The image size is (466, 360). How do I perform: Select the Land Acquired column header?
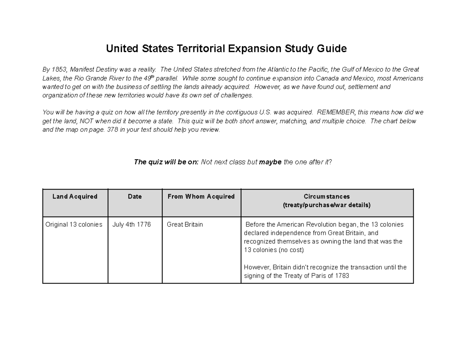click(x=75, y=197)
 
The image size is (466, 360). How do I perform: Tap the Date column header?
click(x=135, y=197)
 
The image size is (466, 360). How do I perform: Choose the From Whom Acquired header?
click(x=201, y=197)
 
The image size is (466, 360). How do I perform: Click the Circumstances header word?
click(x=327, y=197)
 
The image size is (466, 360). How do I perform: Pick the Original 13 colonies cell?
click(x=74, y=224)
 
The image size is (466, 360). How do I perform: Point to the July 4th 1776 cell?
click(x=132, y=224)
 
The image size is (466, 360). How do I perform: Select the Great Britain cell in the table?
click(x=185, y=224)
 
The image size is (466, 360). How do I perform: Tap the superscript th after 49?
click(x=152, y=77)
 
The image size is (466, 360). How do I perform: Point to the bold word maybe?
click(x=270, y=162)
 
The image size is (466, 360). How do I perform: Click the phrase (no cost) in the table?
click(x=291, y=250)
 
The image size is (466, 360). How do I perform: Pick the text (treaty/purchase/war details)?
click(x=327, y=205)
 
